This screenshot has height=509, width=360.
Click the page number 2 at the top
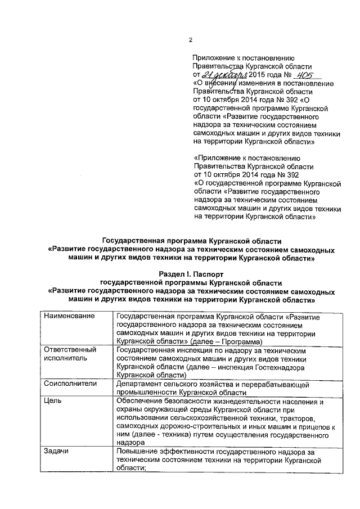coord(191,40)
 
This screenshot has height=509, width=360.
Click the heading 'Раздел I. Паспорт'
coord(190,273)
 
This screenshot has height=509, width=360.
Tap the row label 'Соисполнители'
coord(70,383)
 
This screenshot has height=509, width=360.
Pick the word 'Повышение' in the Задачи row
coord(138,452)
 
